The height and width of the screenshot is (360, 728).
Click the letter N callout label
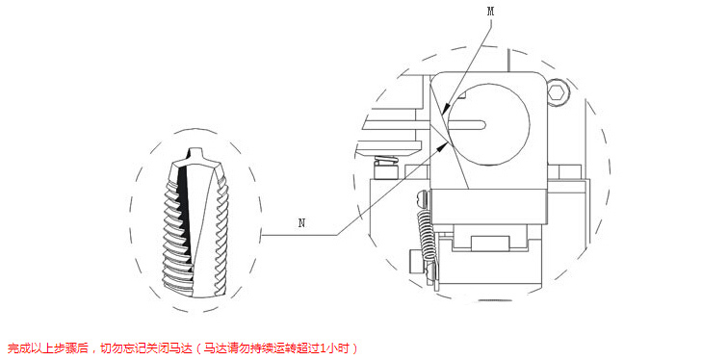point(302,223)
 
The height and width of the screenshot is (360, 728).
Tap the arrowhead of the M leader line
point(445,112)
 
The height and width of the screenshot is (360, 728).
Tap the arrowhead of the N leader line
point(445,144)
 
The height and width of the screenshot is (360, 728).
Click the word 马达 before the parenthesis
point(184,347)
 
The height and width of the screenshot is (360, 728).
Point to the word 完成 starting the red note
point(16,347)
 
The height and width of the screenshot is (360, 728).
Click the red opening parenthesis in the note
point(199,347)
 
